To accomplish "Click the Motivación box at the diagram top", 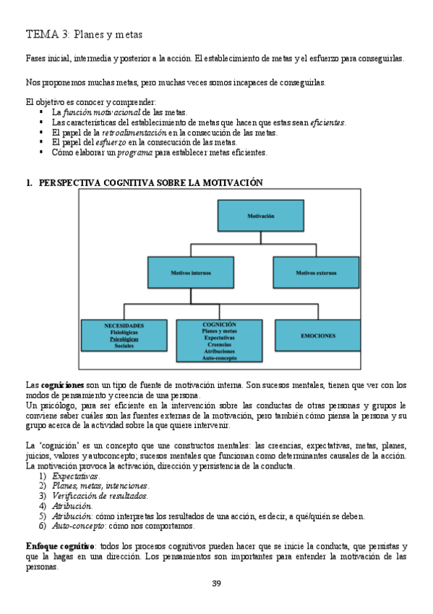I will (x=260, y=216).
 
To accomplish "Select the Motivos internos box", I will (x=190, y=273).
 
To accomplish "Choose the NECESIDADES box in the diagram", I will (x=124, y=335).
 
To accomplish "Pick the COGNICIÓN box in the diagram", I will (x=219, y=340).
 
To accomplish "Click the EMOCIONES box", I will (x=317, y=335).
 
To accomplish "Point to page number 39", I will (x=216, y=584).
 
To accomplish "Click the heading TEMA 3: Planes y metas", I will (x=84, y=34).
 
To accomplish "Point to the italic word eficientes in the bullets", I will (x=327, y=122).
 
